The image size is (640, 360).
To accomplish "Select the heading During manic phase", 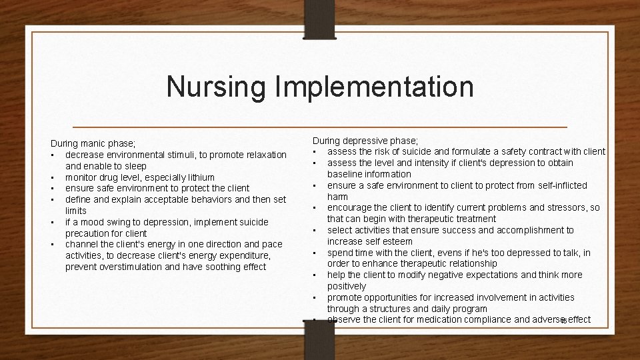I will tap(93, 143).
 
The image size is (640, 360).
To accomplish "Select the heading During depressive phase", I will tap(366, 140).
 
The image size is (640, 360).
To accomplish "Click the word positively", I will tap(347, 286).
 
